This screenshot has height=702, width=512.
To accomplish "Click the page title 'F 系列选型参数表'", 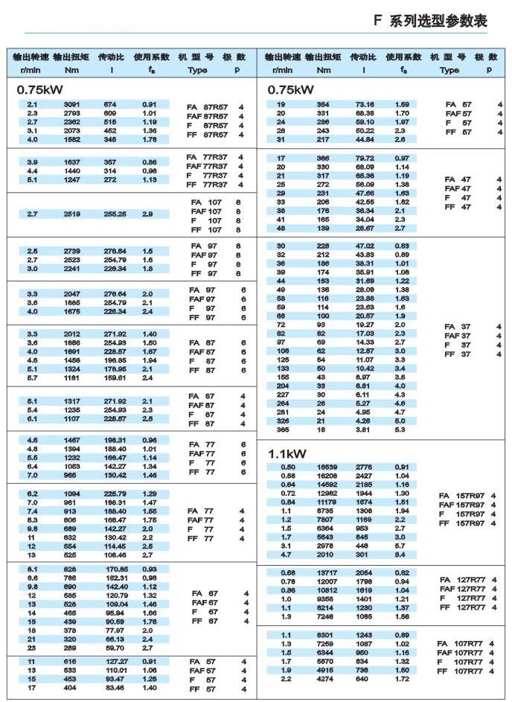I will pyautogui.click(x=430, y=21).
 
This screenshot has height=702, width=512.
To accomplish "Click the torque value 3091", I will pyautogui.click(x=71, y=104).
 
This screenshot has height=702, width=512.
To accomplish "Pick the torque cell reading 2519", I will pyautogui.click(x=71, y=214).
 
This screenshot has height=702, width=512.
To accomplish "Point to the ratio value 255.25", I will pyautogui.click(x=115, y=214).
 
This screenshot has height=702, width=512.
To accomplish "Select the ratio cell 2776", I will pyautogui.click(x=364, y=467).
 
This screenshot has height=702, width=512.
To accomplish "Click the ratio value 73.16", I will pyautogui.click(x=365, y=104).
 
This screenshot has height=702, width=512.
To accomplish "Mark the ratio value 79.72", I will pyautogui.click(x=365, y=158).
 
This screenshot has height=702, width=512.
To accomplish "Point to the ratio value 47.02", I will pyautogui.click(x=365, y=246).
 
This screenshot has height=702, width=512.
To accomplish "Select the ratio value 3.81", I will pyautogui.click(x=364, y=430).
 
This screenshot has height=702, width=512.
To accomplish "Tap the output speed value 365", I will pyautogui.click(x=281, y=430).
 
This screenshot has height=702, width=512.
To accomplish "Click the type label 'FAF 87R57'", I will pyautogui.click(x=207, y=116).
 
